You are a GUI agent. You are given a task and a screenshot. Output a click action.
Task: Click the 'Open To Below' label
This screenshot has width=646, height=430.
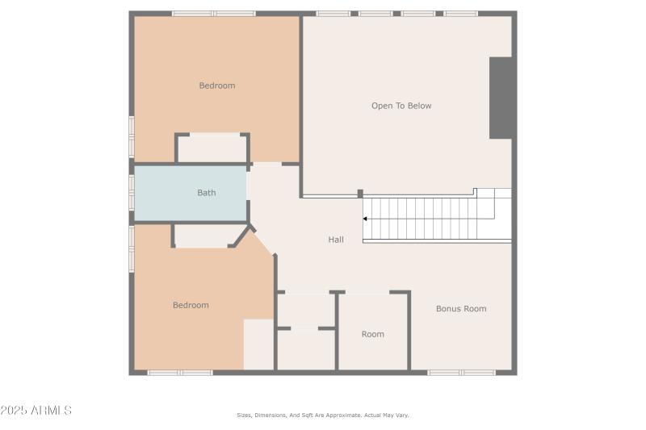pos(401,106)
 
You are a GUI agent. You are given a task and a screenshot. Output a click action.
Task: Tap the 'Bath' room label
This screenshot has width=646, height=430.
pos(207,193)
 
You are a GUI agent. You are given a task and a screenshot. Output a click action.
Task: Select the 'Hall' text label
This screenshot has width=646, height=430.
pos(336,240)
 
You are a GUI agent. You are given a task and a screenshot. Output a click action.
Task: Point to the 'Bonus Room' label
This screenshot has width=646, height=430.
pos(461,309)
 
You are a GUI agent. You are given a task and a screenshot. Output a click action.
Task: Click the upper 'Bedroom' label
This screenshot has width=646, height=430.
pos(217,86)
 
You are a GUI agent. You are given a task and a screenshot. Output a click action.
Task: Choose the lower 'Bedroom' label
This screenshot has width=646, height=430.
pos(191,305)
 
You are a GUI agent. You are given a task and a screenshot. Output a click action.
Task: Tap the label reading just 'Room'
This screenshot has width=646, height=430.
pos(373,334)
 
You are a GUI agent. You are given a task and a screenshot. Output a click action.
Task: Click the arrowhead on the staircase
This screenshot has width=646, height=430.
pos(366,219)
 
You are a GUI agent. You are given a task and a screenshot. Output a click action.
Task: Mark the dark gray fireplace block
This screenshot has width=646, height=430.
pos(501,98)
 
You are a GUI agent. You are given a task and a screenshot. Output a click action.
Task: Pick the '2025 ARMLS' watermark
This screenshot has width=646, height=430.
pos(36,411)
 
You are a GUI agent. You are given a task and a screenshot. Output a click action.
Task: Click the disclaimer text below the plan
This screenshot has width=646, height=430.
pos(323,415)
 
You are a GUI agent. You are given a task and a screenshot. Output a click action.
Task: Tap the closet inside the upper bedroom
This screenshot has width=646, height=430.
pos(212,149)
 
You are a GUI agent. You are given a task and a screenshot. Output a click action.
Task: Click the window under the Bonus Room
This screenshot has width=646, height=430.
pos(461,373)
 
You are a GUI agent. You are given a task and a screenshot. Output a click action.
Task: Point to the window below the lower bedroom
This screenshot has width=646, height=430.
pos(180,373)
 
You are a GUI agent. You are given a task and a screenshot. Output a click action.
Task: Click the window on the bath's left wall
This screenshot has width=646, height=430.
pos(132,193)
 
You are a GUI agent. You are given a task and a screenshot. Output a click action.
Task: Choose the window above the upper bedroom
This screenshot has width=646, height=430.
pos(214,14)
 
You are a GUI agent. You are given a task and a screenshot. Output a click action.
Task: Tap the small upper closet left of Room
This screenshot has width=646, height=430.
pos(305,310)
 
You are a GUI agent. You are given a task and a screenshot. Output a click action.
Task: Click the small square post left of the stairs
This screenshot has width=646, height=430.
pos(360,194)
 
